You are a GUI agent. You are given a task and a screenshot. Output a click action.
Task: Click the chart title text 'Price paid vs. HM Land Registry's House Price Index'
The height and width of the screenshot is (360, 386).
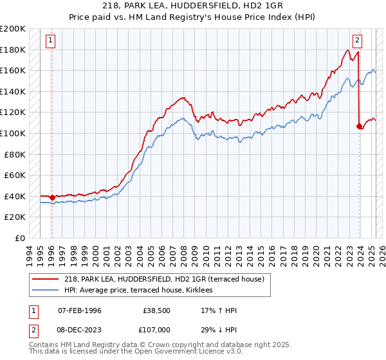[192, 17]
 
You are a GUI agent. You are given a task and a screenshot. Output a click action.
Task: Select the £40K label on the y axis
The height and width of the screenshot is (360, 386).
[15, 196]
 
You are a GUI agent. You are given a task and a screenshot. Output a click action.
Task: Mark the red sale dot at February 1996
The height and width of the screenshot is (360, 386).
[52, 197]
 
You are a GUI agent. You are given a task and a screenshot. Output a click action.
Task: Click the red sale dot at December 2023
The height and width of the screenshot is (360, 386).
[359, 126]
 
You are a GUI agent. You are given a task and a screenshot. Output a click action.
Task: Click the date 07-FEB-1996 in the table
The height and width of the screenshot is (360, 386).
[80, 310]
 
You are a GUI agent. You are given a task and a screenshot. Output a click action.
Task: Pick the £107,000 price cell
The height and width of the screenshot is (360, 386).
[156, 328]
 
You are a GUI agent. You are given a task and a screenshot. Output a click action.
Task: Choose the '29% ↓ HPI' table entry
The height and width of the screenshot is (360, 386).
[219, 328]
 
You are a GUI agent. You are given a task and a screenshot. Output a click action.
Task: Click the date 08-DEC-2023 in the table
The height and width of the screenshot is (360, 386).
[80, 328]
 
